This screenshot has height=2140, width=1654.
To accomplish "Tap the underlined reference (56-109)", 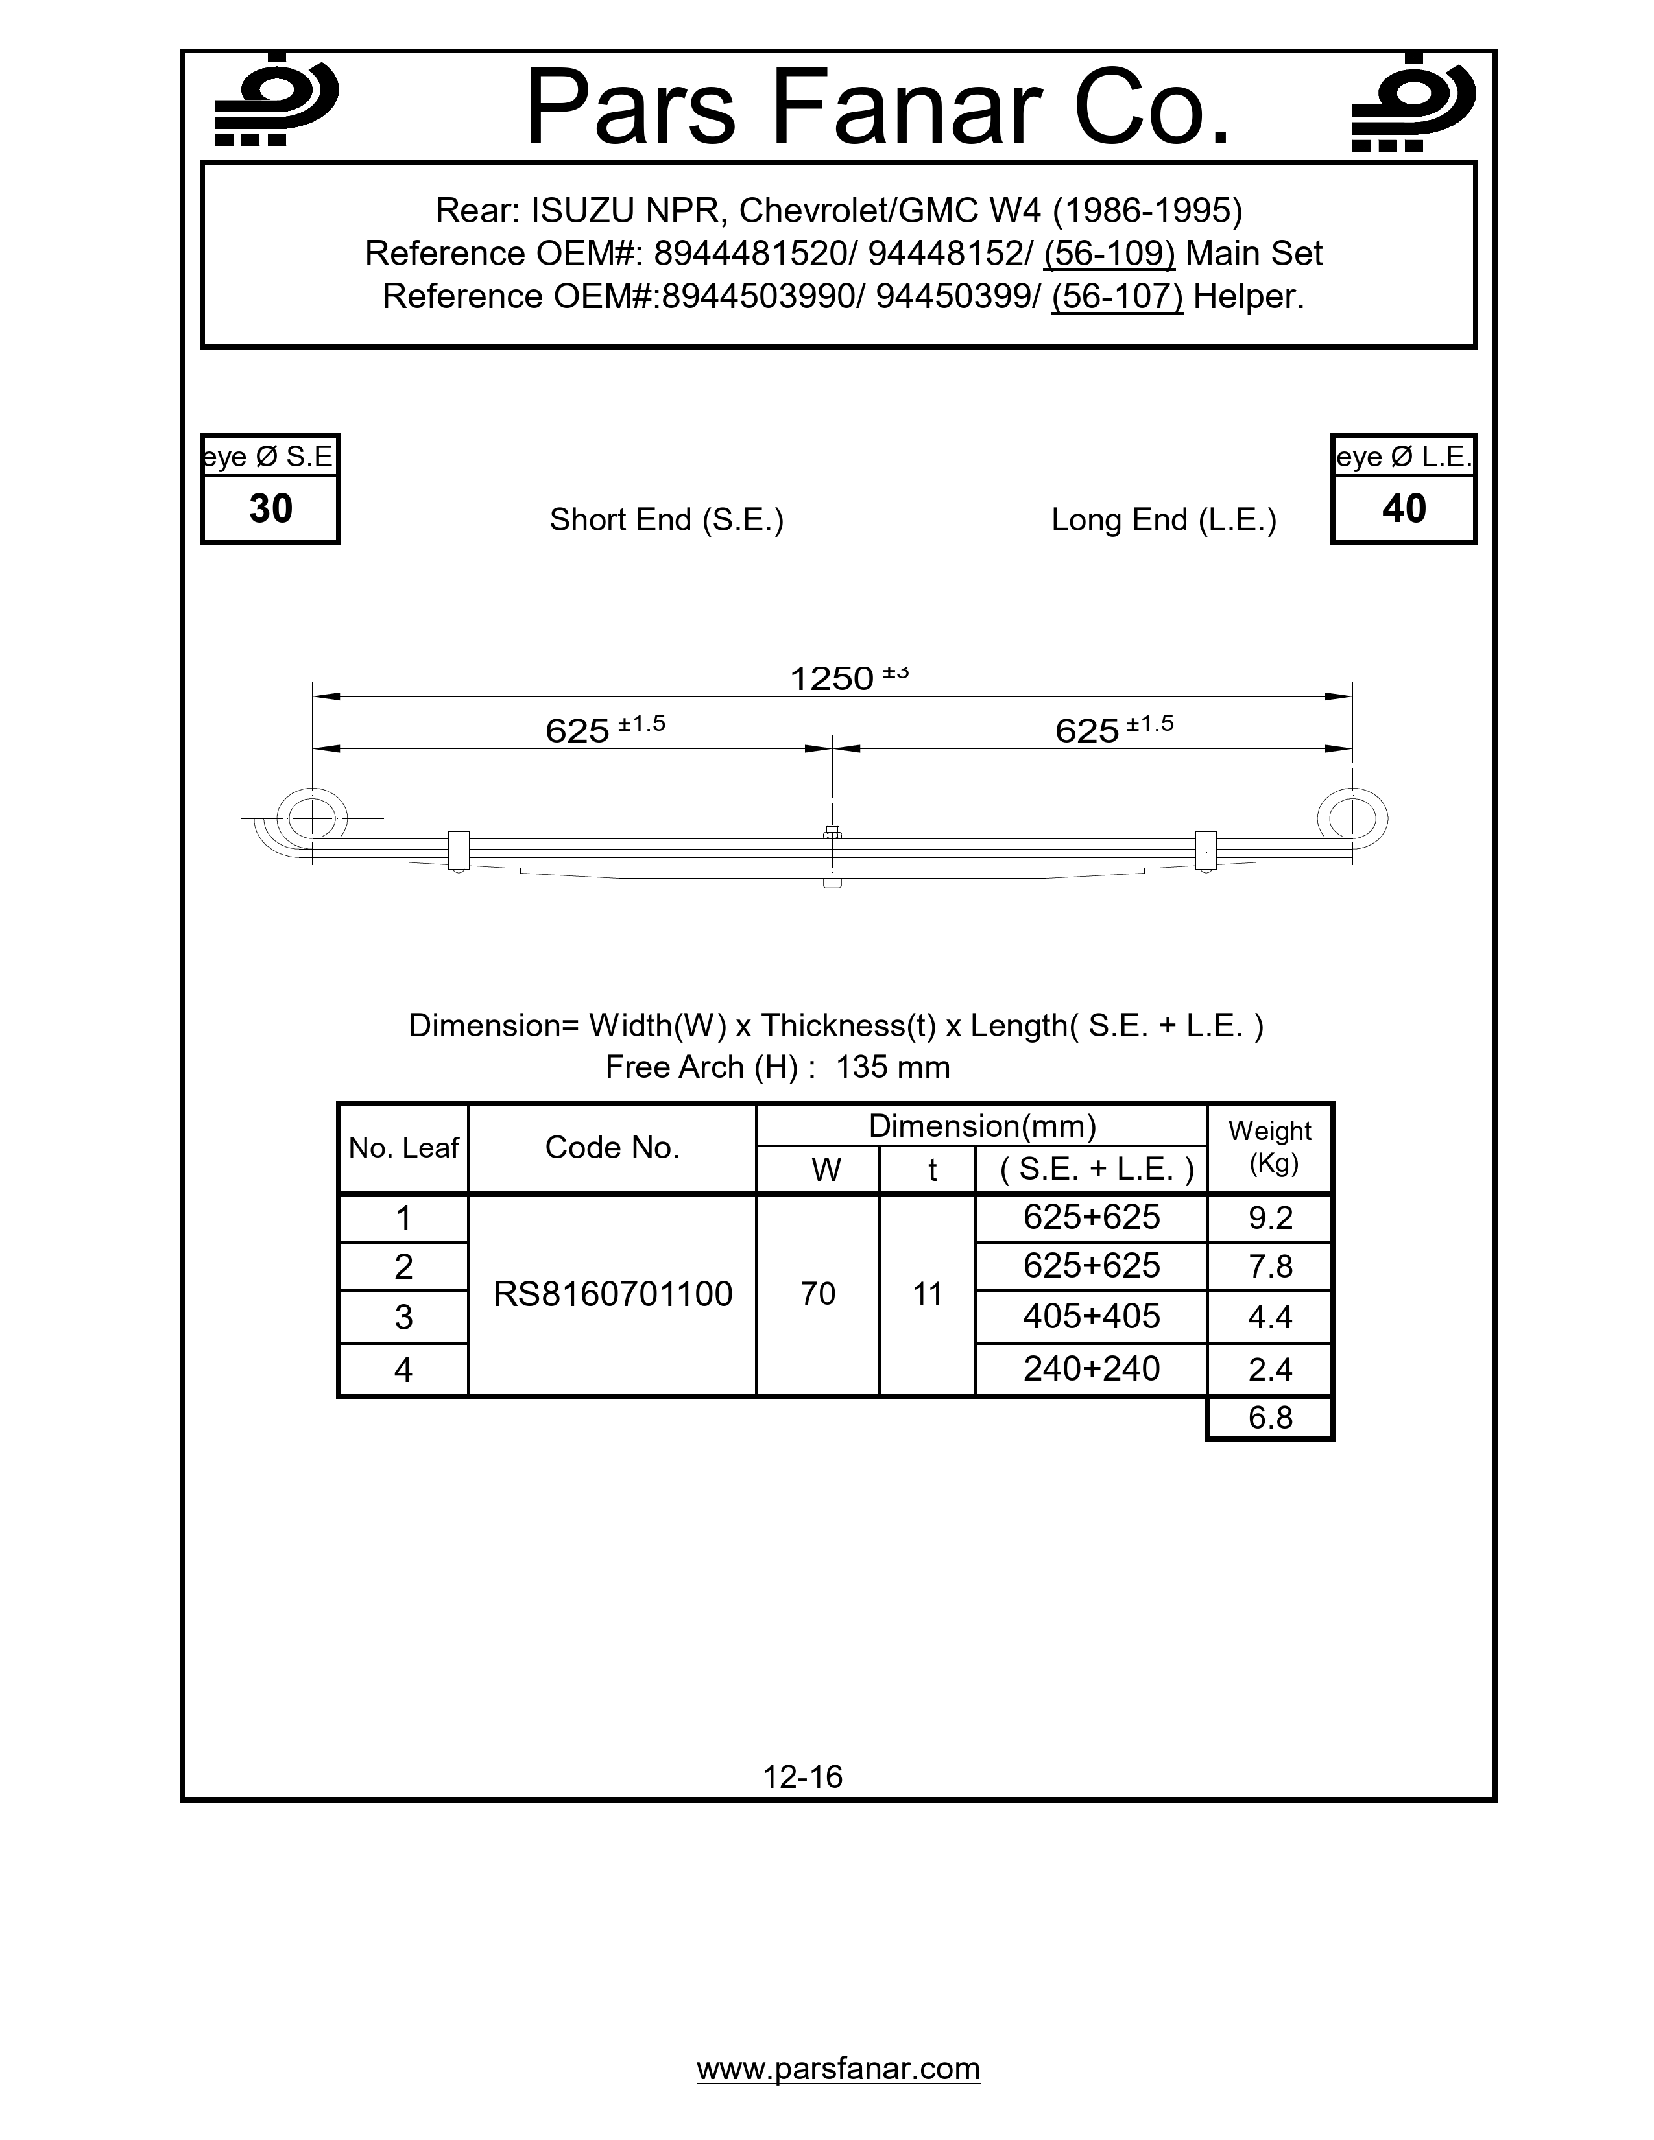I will point(1109,254).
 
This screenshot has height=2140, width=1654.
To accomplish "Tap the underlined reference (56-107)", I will point(1116,296).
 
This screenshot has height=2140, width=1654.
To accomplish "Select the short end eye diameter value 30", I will point(270,508).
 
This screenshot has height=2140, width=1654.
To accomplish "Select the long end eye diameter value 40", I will point(1403,508).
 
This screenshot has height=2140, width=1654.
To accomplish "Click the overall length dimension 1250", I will point(832,678).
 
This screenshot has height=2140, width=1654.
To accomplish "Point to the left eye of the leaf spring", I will point(311,816).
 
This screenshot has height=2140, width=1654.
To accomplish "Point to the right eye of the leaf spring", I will point(1351,816).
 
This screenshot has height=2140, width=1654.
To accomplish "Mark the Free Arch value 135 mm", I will point(893,1067).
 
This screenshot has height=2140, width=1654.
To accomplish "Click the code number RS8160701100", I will point(612,1294).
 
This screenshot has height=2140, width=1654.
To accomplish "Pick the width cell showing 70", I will point(817,1294).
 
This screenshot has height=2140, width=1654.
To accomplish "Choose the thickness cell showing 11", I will point(927,1294).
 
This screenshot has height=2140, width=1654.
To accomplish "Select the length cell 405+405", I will point(1090,1316).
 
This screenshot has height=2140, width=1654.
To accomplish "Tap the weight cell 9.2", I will point(1270,1218).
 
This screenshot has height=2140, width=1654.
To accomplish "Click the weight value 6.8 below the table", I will point(1270,1418).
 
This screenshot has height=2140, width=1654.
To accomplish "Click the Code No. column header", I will point(612,1147).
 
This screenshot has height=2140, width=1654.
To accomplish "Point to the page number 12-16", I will point(802,1776).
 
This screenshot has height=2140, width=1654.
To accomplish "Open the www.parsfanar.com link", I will point(838,2069).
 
